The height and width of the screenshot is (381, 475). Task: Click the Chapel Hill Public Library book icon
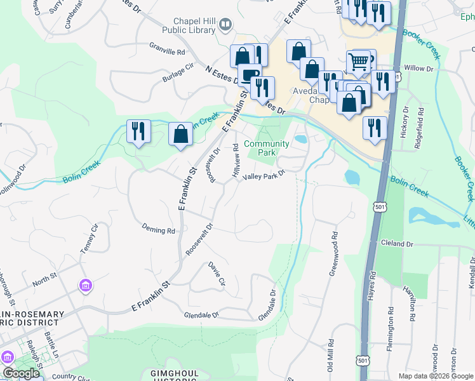pos(225,25)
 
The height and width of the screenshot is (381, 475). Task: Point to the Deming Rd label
pos(158,231)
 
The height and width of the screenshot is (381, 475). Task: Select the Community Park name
pos(267,148)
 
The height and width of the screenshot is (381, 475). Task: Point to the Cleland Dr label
pos(397,243)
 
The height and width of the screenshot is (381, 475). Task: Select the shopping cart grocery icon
pos(359,62)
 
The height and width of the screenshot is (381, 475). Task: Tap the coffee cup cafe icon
pos(250,75)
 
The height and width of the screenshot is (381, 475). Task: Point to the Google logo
pos(21,373)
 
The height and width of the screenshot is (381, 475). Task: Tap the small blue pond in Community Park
pos(300,138)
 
